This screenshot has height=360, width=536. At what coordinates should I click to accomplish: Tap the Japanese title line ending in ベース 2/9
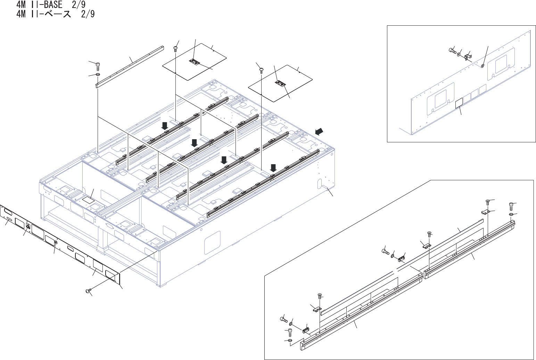click(x=55, y=14)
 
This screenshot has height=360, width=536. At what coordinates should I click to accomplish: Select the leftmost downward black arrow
click(x=165, y=125)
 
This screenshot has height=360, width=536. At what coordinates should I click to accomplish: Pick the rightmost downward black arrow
click(x=273, y=168)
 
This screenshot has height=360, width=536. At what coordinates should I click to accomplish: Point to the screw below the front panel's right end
click(x=88, y=291)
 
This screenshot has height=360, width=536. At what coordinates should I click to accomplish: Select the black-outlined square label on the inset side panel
click(x=459, y=103)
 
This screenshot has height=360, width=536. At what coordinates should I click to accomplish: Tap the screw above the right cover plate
click(x=261, y=71)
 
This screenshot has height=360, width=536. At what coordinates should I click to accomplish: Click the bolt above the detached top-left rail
click(x=98, y=65)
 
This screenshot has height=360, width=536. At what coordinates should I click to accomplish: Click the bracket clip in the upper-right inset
click(x=468, y=56)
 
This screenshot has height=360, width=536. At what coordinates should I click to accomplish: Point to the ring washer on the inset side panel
click(x=483, y=65)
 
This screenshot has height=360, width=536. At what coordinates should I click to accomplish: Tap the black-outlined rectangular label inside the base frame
click(x=88, y=200)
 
